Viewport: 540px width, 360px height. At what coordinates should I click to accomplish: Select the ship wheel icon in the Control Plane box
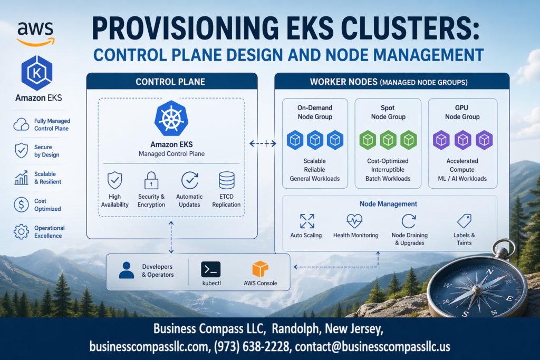171,119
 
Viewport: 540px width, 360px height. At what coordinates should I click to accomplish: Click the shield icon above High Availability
114,181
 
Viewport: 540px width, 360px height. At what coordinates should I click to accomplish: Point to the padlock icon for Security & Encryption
151,181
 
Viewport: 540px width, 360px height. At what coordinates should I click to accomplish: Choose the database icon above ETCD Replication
226,181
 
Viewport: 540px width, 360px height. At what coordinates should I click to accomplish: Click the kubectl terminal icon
210,269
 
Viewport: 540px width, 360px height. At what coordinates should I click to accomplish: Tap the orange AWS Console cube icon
260,269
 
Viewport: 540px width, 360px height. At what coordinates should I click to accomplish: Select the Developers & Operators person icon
127,270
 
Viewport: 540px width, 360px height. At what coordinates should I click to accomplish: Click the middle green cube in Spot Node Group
389,140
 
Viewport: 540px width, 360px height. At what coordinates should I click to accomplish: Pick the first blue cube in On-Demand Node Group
295,140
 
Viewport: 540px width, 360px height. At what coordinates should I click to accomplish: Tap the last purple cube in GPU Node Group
484,140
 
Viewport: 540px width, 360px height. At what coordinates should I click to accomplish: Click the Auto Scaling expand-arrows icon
306,221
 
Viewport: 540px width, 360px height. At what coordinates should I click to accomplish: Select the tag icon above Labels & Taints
464,220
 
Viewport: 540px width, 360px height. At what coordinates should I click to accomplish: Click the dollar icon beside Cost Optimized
21,205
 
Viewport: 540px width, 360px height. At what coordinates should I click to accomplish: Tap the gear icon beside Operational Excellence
21,231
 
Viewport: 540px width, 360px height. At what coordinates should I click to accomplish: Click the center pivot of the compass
477,289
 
